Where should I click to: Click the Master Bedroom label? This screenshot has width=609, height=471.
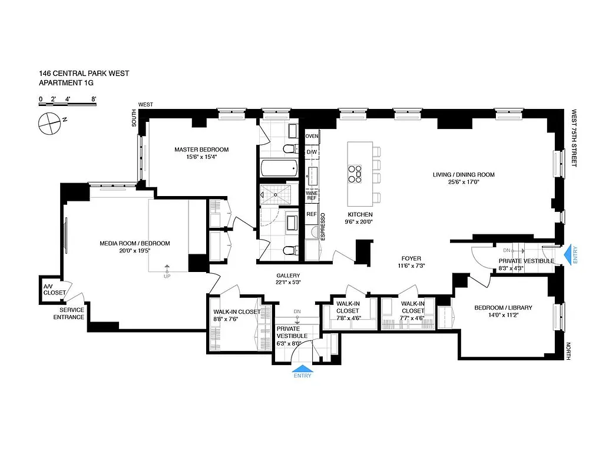[201, 150]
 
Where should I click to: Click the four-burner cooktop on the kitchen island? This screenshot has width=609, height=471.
[355, 172]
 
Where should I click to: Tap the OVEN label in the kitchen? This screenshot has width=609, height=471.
[312, 137]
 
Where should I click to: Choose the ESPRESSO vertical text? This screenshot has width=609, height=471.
[322, 225]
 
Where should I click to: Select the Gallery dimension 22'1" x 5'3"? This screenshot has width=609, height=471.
[289, 283]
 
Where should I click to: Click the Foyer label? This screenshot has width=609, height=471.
[411, 258]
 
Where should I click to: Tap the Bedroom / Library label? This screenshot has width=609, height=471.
[503, 307]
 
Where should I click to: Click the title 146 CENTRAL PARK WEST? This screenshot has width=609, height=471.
[84, 74]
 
